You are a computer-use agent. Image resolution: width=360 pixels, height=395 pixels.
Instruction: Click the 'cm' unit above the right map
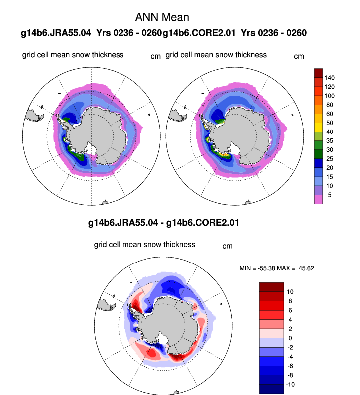click(x=299, y=56)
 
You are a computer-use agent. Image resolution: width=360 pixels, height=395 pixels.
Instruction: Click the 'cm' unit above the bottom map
click(x=227, y=246)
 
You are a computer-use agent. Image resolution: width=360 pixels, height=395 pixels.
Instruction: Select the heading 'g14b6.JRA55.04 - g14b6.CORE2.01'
click(x=163, y=223)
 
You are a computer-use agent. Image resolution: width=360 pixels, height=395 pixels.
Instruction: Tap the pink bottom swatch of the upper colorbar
click(x=319, y=199)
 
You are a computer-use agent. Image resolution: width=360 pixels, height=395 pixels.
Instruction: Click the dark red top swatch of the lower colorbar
click(x=271, y=286)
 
